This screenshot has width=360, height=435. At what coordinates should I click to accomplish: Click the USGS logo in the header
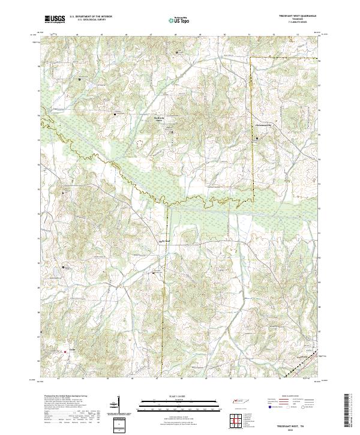coord(55,19)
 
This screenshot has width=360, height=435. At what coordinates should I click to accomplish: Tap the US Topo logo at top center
coord(173,20)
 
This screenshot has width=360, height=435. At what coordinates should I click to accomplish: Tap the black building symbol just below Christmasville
coord(258,139)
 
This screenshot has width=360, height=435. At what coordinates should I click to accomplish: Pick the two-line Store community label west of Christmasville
coord(159,119)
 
